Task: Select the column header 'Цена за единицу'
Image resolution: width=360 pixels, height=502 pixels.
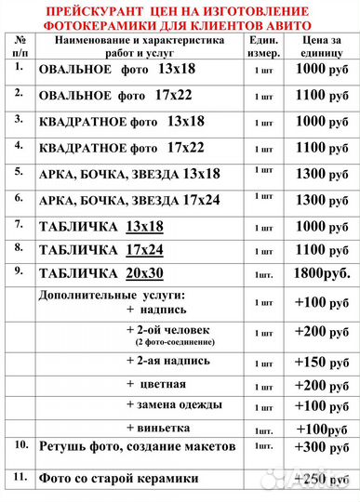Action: click(x=322, y=48)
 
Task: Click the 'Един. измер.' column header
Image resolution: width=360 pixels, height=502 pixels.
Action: click(x=264, y=48)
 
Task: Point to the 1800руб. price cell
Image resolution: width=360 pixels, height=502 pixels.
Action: click(x=322, y=274)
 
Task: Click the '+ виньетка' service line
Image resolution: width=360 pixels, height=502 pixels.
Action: click(x=158, y=428)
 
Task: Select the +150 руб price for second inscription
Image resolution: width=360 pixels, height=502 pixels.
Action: click(x=322, y=362)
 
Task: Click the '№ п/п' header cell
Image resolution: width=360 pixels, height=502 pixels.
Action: click(x=20, y=48)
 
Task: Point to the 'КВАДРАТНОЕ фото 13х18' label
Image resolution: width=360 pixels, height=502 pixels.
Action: click(x=121, y=122)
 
